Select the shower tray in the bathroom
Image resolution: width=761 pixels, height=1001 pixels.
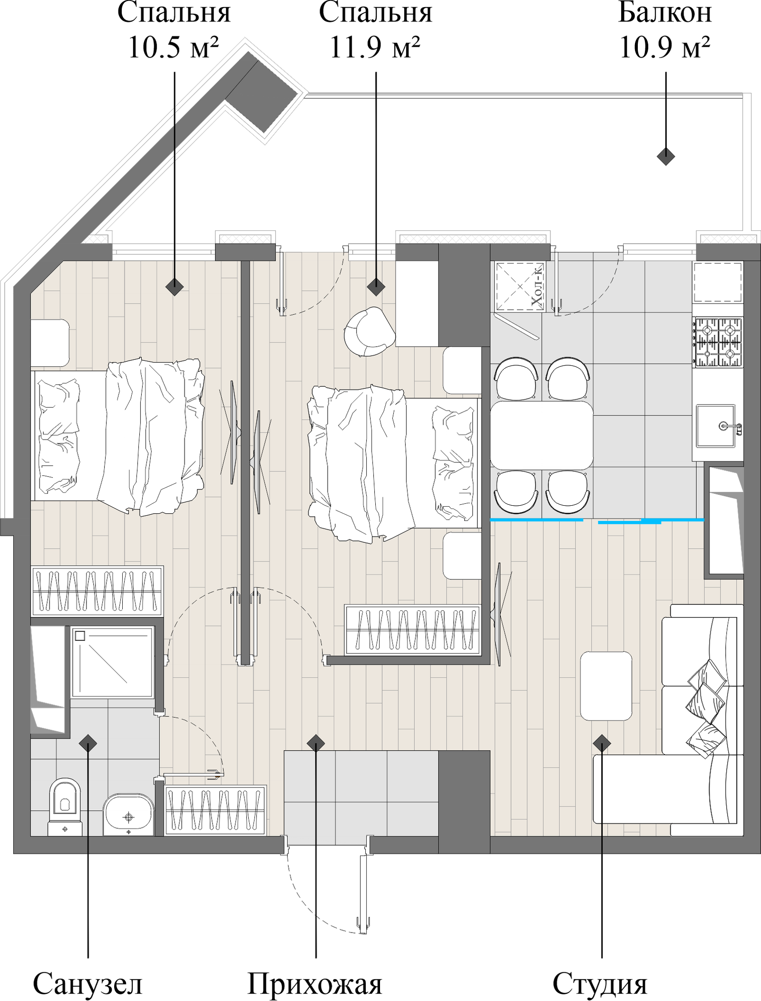coord(113,662)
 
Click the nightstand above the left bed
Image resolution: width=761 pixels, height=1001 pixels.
coord(50,343)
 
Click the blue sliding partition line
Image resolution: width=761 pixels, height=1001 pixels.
coord(537,520)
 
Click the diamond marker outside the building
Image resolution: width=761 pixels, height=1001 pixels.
coord(666,157)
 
